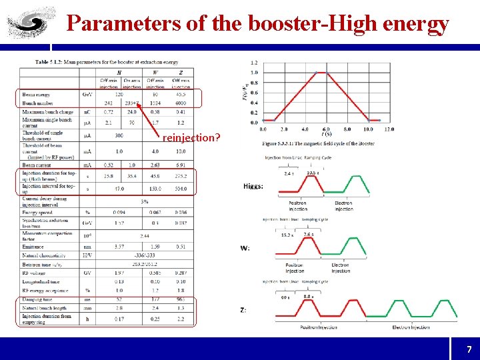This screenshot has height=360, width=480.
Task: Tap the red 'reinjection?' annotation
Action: (191, 137)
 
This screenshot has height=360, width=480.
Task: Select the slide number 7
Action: (469, 349)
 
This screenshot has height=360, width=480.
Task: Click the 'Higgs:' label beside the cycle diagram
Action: (253, 186)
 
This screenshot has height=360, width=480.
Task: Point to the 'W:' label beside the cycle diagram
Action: (245, 248)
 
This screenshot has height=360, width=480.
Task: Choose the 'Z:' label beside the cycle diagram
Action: (244, 309)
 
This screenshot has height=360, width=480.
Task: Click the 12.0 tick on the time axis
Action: (389, 129)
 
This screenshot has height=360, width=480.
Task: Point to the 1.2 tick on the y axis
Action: (254, 62)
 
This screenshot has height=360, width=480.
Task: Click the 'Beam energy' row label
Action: (36, 95)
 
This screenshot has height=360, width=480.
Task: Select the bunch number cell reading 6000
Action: (181, 103)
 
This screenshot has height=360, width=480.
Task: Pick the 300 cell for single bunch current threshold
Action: (119, 135)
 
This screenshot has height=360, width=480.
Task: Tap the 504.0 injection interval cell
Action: (181, 189)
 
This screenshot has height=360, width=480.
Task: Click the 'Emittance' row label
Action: (34, 245)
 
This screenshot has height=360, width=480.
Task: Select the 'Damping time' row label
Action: (37, 300)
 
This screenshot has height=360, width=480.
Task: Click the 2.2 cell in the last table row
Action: (181, 319)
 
